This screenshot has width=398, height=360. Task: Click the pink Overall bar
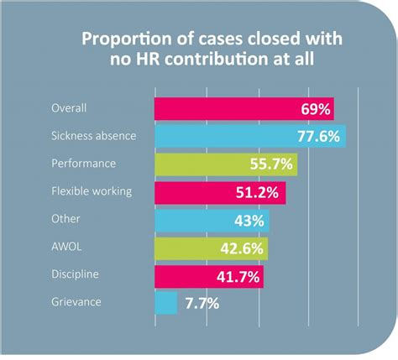[x=244, y=109]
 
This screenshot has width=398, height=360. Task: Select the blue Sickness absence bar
[x=250, y=137]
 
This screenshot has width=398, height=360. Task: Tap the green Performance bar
[x=226, y=164]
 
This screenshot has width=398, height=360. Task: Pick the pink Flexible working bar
[x=220, y=192]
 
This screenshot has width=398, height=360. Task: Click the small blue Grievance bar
[x=166, y=303]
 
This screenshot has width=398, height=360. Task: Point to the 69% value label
[x=316, y=109]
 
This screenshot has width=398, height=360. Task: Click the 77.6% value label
[x=318, y=137]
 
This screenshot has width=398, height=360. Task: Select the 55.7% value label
[x=271, y=164]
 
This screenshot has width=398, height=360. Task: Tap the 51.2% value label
[x=257, y=192]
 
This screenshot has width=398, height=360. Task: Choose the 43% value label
[x=249, y=221]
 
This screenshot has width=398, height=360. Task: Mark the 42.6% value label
[x=242, y=248]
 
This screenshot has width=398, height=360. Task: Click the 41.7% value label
[x=238, y=277]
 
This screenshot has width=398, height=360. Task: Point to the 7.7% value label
[x=202, y=304]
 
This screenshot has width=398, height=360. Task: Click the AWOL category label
[x=66, y=247]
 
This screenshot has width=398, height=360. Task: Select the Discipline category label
[x=75, y=274]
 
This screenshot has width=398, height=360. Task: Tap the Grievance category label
[x=76, y=302]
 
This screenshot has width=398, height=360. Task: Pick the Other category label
[x=65, y=219]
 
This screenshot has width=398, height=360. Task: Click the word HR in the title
[x=149, y=59]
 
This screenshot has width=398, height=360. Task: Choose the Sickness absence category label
[x=94, y=136]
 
